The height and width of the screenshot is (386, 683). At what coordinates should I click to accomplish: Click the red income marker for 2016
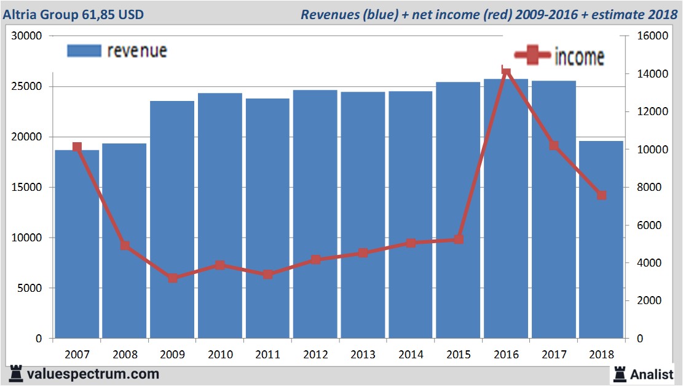coord(506,71)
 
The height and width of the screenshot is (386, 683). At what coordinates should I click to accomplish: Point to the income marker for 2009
coord(173,278)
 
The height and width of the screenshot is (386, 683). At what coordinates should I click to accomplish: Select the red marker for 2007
coord(77,147)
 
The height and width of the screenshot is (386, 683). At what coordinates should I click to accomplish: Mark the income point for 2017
coord(554,146)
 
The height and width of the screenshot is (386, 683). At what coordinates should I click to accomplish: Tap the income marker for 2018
coord(601,195)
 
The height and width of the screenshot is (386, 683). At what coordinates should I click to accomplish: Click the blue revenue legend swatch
coord(84,51)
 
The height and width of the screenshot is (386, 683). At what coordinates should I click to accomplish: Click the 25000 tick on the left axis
coord(29,86)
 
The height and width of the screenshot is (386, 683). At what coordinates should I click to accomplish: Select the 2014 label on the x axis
coord(411,355)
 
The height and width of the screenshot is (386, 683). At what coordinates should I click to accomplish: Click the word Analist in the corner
coord(652,373)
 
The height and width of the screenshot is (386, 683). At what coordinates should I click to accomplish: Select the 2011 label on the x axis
coord(267,355)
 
